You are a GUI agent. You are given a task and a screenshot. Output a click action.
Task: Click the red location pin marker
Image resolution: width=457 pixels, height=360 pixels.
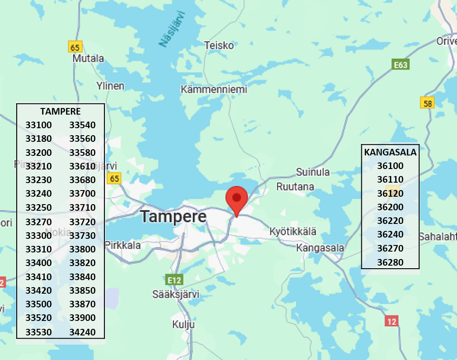(237, 198)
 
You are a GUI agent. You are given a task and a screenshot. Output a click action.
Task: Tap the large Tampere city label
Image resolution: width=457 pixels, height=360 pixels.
(173, 216)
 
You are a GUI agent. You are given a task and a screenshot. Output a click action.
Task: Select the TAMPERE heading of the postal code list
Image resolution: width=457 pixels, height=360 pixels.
(61, 111)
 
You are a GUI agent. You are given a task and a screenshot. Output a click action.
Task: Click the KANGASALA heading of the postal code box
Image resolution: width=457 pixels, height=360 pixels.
(390, 152)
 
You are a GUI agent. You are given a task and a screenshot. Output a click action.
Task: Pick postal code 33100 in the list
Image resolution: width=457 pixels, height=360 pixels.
(39, 125)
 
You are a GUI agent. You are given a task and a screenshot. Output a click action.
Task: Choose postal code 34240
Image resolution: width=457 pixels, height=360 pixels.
(82, 332)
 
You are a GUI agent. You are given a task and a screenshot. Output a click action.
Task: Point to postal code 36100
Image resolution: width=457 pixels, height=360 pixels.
(390, 166)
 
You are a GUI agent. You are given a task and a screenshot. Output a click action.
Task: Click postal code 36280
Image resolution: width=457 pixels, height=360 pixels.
(390, 263)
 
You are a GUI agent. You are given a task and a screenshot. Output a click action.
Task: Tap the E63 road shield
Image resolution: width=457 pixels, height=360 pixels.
(400, 65)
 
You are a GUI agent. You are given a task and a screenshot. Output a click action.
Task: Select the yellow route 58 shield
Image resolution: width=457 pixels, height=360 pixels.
(427, 103)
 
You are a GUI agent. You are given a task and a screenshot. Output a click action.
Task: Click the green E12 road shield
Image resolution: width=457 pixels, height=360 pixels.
(174, 280)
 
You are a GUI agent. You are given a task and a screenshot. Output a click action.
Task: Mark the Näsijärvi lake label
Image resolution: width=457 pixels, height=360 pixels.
(172, 29)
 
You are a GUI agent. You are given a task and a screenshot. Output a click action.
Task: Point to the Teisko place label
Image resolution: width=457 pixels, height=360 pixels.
(219, 45)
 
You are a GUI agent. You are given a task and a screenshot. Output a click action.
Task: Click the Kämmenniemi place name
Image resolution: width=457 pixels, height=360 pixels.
(214, 90)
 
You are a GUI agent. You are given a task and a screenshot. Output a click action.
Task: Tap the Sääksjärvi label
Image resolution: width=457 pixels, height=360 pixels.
(176, 294)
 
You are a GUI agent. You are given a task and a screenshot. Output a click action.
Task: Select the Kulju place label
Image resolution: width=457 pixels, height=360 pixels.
(183, 325)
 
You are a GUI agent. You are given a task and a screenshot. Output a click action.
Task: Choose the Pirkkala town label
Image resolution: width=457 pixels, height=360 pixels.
(123, 245)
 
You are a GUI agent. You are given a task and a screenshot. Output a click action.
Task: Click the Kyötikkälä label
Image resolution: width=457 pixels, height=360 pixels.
(293, 231)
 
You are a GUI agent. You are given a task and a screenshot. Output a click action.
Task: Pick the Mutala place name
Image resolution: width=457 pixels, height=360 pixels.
(89, 58)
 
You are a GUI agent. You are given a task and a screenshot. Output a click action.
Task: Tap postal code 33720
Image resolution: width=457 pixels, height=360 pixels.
(82, 222)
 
